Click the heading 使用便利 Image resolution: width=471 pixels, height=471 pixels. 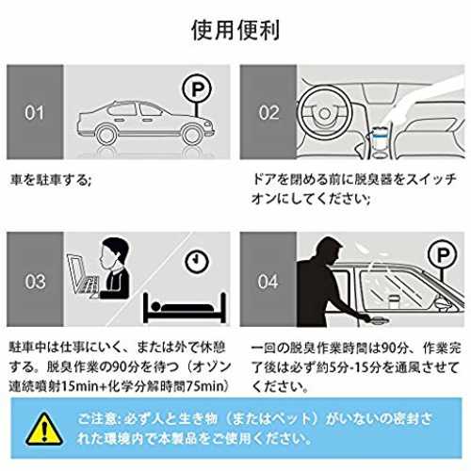click(235, 30)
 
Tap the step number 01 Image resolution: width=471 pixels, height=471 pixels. click(35, 113)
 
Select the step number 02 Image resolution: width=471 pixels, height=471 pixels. click(268, 113)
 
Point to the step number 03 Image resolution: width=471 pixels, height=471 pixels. click(35, 282)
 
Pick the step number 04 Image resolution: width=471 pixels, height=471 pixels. click(268, 282)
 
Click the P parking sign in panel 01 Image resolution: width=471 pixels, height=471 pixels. click(197, 89)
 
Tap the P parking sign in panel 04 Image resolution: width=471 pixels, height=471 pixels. click(443, 255)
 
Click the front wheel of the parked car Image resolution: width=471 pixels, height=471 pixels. click(191, 135)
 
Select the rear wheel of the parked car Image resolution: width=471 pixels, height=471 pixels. click(106, 135)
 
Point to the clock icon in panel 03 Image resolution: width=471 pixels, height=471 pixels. click(197, 261)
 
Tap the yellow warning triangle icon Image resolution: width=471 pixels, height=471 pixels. click(44, 430)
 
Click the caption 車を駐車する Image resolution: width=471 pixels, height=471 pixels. click(50, 180)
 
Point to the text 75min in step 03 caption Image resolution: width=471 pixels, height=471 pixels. click(204, 386)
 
